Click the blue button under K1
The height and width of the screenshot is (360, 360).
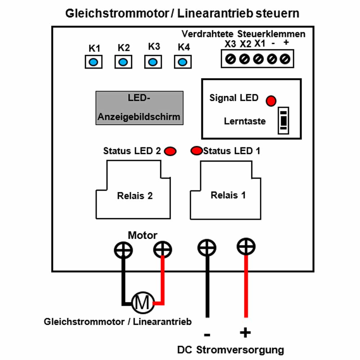pyautogui.click(x=93, y=62)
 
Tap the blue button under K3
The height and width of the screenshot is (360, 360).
pyautogui.click(x=153, y=62)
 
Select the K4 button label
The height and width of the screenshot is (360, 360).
pyautogui.click(x=184, y=48)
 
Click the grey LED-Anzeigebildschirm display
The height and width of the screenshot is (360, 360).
pyautogui.click(x=139, y=108)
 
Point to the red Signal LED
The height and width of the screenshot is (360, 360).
pyautogui.click(x=271, y=101)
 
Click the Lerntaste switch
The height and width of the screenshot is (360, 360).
pyautogui.click(x=284, y=121)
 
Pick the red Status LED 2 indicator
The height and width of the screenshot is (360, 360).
pyautogui.click(x=170, y=151)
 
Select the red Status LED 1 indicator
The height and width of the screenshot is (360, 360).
pyautogui.click(x=197, y=151)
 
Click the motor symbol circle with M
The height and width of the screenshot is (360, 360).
pyautogui.click(x=143, y=303)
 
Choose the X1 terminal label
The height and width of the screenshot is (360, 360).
pyautogui.click(x=260, y=44)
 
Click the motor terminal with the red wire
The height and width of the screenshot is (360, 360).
pyautogui.click(x=163, y=249)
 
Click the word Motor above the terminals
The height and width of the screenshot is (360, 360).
pyautogui.click(x=143, y=235)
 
